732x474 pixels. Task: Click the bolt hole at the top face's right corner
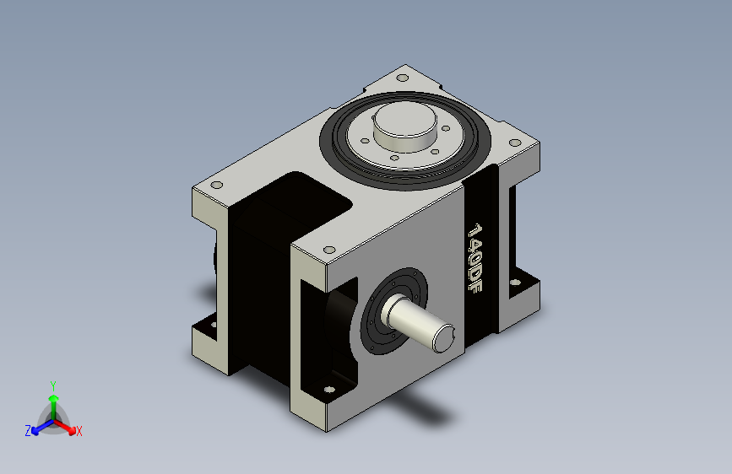(513, 143)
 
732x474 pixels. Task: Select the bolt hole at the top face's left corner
(216, 185)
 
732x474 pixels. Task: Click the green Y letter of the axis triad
(52, 383)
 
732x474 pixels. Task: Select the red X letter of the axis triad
(79, 432)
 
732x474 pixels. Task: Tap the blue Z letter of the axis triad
(28, 431)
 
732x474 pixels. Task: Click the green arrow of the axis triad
(53, 401)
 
